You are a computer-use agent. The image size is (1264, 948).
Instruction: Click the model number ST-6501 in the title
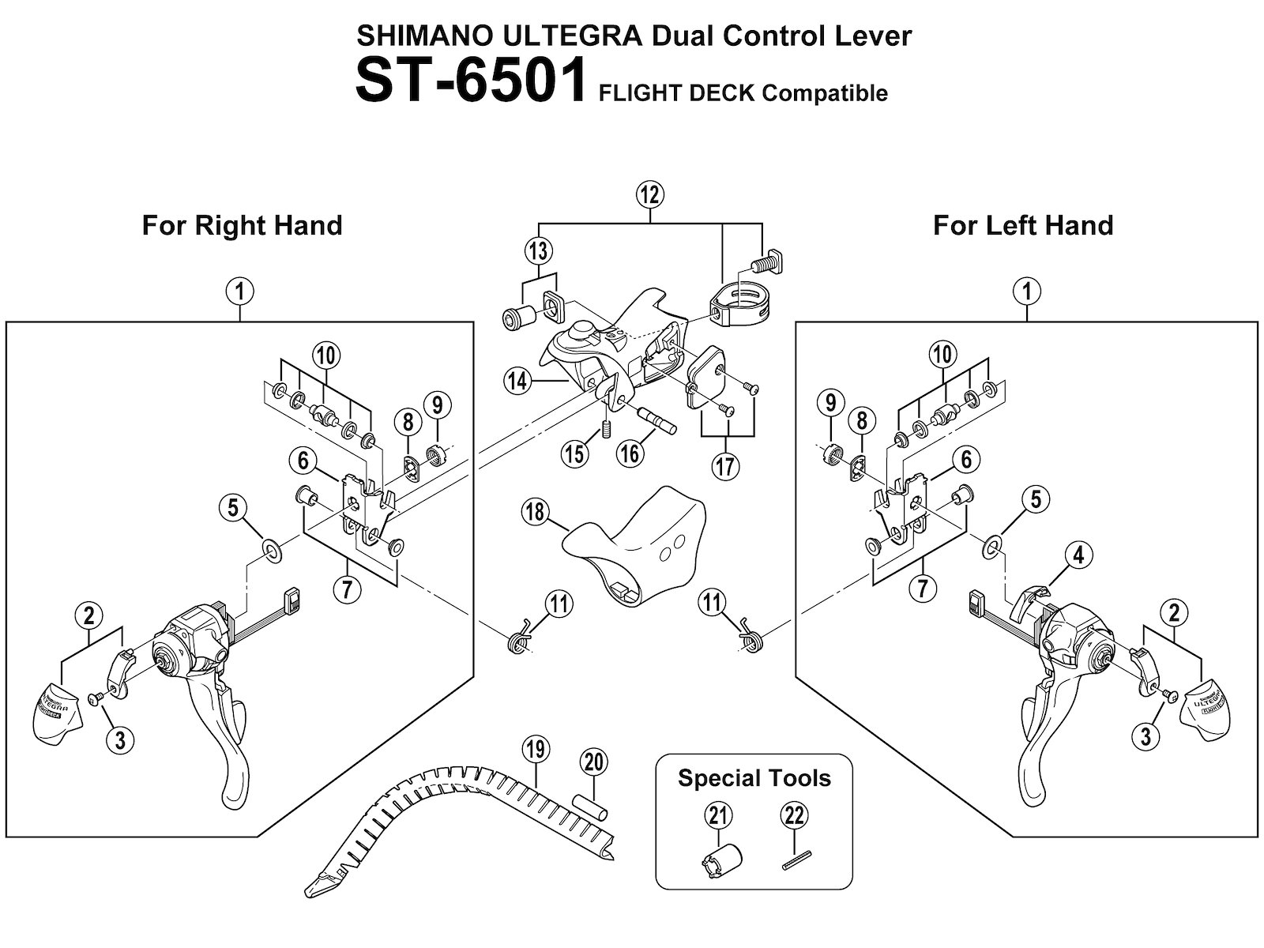[471, 80]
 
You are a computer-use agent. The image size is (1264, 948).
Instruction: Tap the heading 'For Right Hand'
[242, 225]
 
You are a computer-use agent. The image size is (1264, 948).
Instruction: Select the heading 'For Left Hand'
[1022, 225]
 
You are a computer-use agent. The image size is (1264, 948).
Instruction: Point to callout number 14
[517, 382]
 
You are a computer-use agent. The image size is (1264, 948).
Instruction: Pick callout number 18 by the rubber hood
[535, 512]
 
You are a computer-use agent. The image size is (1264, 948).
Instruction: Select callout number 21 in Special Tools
[717, 814]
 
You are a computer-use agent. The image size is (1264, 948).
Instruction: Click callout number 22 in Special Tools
[793, 814]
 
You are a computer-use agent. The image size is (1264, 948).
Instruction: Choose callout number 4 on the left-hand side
[1078, 555]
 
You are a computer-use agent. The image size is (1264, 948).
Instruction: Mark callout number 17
[725, 466]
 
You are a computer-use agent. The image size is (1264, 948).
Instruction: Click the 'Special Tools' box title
[754, 778]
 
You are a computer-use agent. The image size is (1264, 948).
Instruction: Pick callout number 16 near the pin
[630, 453]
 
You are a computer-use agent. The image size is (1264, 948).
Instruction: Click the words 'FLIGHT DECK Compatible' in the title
[743, 93]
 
